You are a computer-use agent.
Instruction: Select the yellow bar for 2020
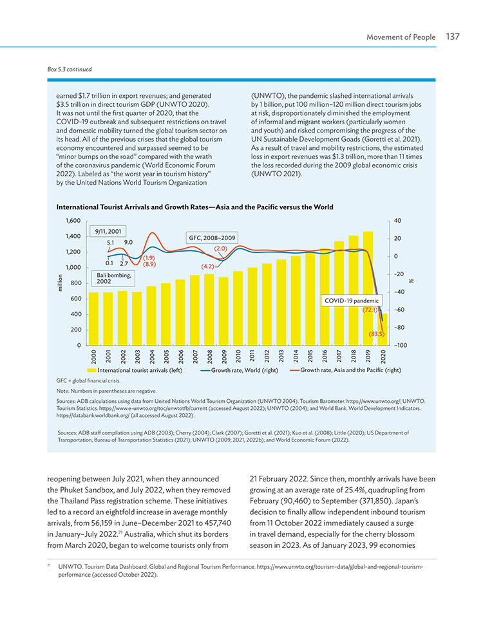coord(383,330)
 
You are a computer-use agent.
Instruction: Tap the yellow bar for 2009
coord(223,311)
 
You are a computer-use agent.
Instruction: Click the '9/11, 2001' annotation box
coord(108,231)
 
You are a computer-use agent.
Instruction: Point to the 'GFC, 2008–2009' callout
coord(212,238)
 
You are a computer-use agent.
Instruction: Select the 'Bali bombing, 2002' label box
coord(114,278)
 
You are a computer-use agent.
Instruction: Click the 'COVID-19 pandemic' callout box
coord(352,301)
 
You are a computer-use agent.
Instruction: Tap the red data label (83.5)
coord(376,334)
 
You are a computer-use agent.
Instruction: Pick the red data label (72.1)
coord(370,310)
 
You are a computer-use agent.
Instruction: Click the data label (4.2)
coord(208,266)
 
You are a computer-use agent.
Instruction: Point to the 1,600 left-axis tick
coord(73,220)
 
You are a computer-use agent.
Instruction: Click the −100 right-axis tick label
coord(401,345)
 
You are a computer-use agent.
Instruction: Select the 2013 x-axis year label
coord(281,356)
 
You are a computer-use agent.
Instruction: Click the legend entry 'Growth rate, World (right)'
coord(239,370)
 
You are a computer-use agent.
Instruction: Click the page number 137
coord(453,37)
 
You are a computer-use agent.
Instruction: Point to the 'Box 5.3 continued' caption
coord(70,70)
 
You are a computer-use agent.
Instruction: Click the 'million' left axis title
coord(61,283)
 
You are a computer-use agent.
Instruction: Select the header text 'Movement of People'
coord(401,37)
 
